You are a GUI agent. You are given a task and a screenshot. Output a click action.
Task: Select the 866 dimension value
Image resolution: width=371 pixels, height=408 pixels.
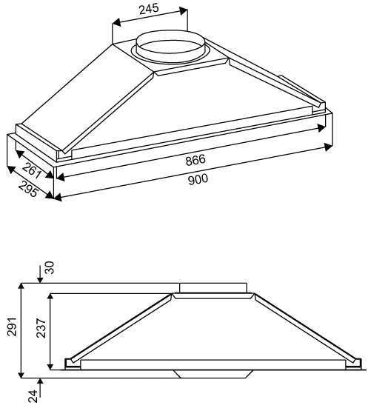[195, 161]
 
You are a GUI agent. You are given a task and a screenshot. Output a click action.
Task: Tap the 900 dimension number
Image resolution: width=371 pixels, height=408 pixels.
[198, 179]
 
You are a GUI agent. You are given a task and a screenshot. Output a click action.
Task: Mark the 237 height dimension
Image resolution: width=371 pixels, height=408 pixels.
[41, 331]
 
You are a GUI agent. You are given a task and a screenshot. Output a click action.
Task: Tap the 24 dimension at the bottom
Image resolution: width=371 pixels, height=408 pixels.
[33, 396]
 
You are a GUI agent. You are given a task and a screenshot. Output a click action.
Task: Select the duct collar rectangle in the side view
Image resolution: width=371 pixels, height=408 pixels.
[213, 287]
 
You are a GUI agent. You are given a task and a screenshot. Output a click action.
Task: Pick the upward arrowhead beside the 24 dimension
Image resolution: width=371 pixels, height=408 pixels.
[41, 380]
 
